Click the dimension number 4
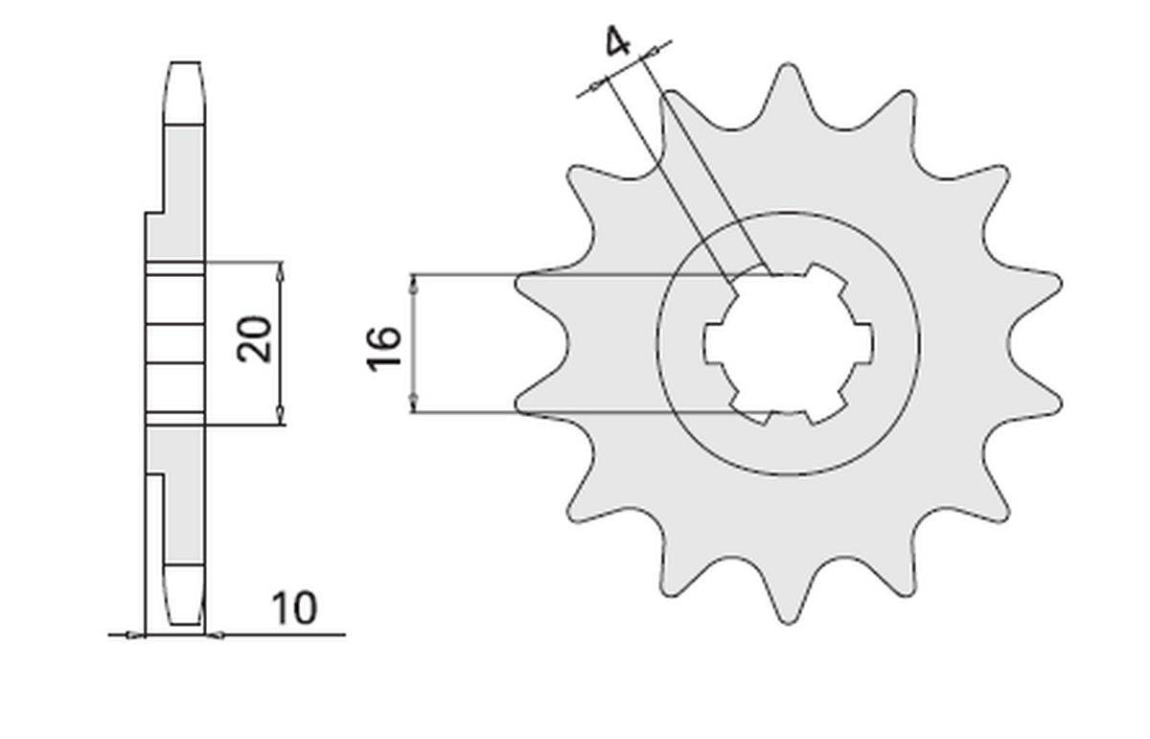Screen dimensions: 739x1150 pos(618,43)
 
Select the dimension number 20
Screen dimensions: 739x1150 pos(257,337)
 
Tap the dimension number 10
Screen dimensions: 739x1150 pos(292,609)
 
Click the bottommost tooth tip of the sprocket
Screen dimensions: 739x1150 pos(788,621)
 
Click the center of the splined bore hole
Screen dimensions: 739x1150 pos(788,344)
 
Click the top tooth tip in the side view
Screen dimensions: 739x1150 pos(186,65)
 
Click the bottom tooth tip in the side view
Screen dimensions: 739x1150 pos(186,623)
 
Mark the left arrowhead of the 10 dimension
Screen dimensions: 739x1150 pos(135,634)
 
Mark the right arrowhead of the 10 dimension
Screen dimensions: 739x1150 pos(215,634)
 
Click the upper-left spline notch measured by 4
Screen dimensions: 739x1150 pos(745,277)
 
